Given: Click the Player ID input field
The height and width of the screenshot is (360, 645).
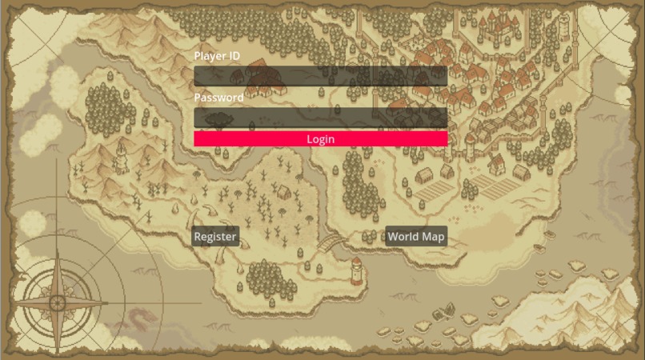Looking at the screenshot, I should coord(320,76).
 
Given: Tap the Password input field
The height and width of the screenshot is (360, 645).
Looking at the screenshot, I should coord(320,118).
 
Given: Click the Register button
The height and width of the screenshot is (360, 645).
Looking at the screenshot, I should coord(215,237).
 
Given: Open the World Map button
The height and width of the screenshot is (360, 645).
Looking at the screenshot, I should coord(415,237).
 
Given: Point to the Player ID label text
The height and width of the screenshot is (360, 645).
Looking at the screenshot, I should coord(217,56).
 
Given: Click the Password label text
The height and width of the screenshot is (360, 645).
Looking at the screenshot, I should coord(218,98).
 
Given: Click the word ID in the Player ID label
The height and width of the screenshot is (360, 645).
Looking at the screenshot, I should coord(234,56).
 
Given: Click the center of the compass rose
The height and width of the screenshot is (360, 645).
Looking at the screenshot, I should coord(58,303).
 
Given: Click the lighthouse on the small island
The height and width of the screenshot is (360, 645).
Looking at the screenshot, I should coord(356,270).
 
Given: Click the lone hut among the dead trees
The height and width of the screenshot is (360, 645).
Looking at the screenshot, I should coord(282,192).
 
